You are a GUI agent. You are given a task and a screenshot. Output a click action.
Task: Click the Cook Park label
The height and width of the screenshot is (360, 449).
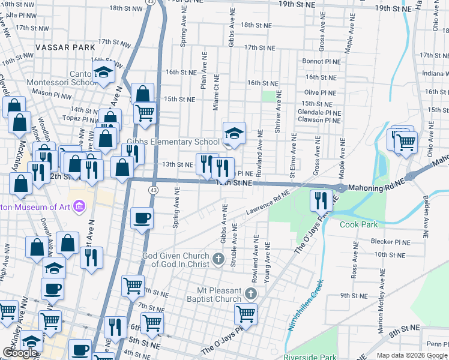(358, 225)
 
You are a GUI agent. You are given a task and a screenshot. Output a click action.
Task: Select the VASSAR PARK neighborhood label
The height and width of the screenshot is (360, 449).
(65, 47)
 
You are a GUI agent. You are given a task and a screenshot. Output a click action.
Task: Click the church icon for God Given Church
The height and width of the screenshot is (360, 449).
(218, 260)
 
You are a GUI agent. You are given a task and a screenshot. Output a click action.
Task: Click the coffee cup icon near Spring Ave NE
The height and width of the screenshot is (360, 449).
(142, 217)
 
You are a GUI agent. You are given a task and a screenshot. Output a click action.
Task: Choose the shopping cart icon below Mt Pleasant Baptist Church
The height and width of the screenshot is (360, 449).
(246, 313)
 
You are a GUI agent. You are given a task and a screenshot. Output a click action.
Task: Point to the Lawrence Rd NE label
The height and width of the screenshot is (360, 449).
(268, 203)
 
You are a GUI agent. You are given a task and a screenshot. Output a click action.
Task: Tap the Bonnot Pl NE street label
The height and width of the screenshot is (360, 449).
(321, 61)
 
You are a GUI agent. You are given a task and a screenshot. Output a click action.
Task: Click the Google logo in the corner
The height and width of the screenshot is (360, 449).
(20, 353)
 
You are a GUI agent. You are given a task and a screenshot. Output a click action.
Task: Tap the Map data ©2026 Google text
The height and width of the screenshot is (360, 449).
(412, 355)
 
